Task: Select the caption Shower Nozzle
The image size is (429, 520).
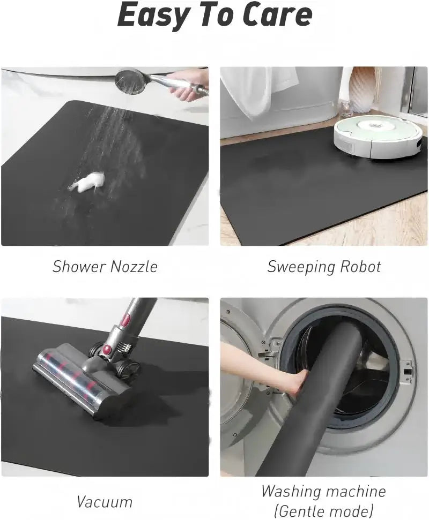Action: click(105, 266)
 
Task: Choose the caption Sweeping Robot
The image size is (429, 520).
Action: click(324, 266)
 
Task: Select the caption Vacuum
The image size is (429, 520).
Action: click(105, 502)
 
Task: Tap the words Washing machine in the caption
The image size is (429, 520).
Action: click(323, 491)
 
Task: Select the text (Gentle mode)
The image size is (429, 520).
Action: click(323, 510)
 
